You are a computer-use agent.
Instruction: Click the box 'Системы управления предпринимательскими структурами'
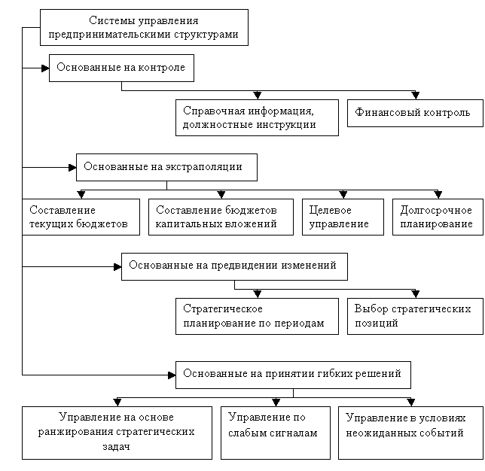coord(144,28)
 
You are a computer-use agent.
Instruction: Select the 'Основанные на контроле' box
coord(121,68)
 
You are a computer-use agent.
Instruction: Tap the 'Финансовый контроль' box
coord(415,113)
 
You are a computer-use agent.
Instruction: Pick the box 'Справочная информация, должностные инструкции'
coord(257,117)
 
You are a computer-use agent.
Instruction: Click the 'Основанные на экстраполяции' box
coord(166,167)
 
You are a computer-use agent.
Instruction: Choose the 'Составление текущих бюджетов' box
coord(81,217)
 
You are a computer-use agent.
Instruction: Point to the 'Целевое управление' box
coord(343,217)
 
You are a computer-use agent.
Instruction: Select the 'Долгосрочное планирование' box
coord(438,217)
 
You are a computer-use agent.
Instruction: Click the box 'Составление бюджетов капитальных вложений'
coord(221,217)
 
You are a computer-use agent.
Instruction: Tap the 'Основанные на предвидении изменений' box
coord(234,266)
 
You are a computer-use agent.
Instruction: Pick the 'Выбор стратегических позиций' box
coord(415,316)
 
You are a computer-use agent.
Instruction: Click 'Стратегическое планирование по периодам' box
coord(257,316)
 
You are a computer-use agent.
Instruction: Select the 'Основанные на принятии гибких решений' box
coord(293,375)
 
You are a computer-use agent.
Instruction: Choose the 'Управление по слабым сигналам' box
coord(276,433)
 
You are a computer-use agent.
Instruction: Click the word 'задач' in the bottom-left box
coord(116,447)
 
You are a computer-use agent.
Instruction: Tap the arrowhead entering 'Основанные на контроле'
coord(45,68)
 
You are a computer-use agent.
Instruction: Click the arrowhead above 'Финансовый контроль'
coord(416,96)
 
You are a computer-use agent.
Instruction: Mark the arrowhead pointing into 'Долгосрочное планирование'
coord(438,195)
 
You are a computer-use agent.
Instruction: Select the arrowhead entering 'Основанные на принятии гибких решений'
coord(172,375)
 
